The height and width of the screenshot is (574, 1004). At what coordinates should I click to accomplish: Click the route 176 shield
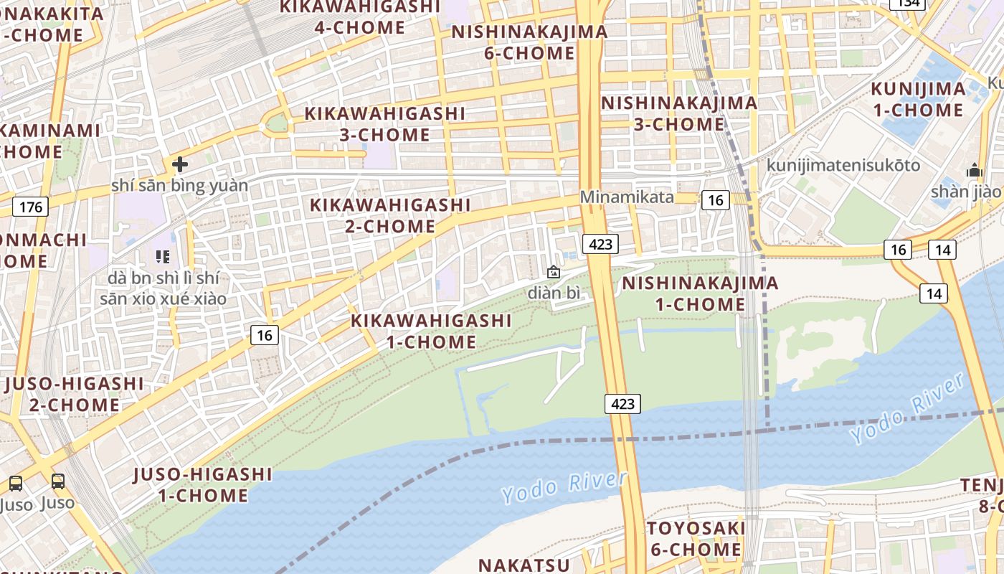(x=30, y=207)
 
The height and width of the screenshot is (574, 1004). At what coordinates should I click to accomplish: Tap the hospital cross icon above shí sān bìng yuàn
(x=179, y=164)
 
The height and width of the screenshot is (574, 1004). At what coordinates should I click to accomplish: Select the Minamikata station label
(x=626, y=197)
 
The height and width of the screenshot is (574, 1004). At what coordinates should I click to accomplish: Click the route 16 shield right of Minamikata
(x=715, y=200)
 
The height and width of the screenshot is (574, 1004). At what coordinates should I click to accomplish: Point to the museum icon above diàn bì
(x=553, y=272)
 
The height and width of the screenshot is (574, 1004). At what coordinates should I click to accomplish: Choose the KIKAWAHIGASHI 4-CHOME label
(x=359, y=17)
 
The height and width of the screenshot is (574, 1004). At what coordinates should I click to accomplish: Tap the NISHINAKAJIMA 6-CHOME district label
(x=529, y=42)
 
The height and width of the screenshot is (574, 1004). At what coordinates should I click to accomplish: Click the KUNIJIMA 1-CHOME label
(x=918, y=100)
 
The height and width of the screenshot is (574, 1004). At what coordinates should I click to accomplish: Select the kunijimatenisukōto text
(x=843, y=165)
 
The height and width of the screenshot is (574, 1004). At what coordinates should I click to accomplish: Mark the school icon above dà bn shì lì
(x=162, y=256)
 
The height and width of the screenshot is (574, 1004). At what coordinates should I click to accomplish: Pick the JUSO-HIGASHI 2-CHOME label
(x=74, y=394)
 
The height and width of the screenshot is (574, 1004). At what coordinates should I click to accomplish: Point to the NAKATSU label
(x=524, y=565)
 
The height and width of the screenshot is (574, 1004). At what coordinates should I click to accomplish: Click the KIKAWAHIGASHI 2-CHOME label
(x=390, y=215)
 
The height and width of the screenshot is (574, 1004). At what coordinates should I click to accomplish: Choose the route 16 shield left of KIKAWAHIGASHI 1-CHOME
(x=265, y=334)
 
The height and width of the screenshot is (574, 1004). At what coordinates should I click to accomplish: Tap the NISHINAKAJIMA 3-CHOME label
(x=678, y=113)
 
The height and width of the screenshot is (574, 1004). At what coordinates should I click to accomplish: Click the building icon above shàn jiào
(x=974, y=171)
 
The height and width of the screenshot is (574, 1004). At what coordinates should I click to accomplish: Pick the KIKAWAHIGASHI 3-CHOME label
(x=385, y=124)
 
